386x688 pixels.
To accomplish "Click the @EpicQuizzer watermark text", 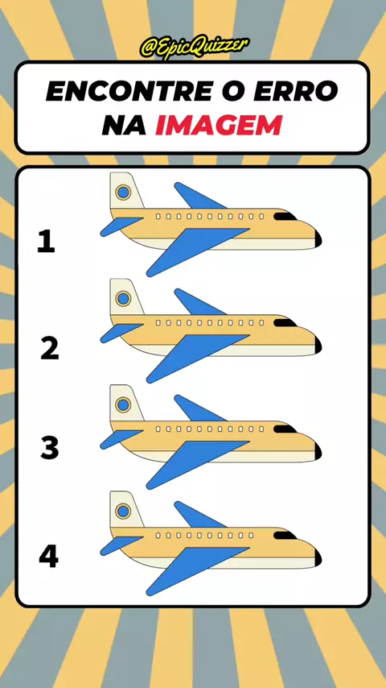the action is pos(195,47).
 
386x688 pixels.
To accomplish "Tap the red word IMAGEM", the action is pos(218,125).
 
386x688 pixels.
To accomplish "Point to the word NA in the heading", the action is pos(124,125).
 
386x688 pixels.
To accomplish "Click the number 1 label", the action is pos(47,242).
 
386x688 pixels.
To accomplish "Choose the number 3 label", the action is pos(50,448).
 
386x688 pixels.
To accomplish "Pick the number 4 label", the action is pos(48,557).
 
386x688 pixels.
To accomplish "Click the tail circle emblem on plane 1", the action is pos(123,193).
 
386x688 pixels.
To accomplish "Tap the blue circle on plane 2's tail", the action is pos(123,298).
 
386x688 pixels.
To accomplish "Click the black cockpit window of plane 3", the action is pos(285,429).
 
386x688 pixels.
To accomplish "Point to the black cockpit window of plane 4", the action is pos(285,535).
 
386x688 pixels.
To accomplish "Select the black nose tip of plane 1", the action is pos(318,238).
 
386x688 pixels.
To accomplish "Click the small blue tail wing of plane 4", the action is pos(120,545).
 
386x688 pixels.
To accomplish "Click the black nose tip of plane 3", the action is pos(318,451).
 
